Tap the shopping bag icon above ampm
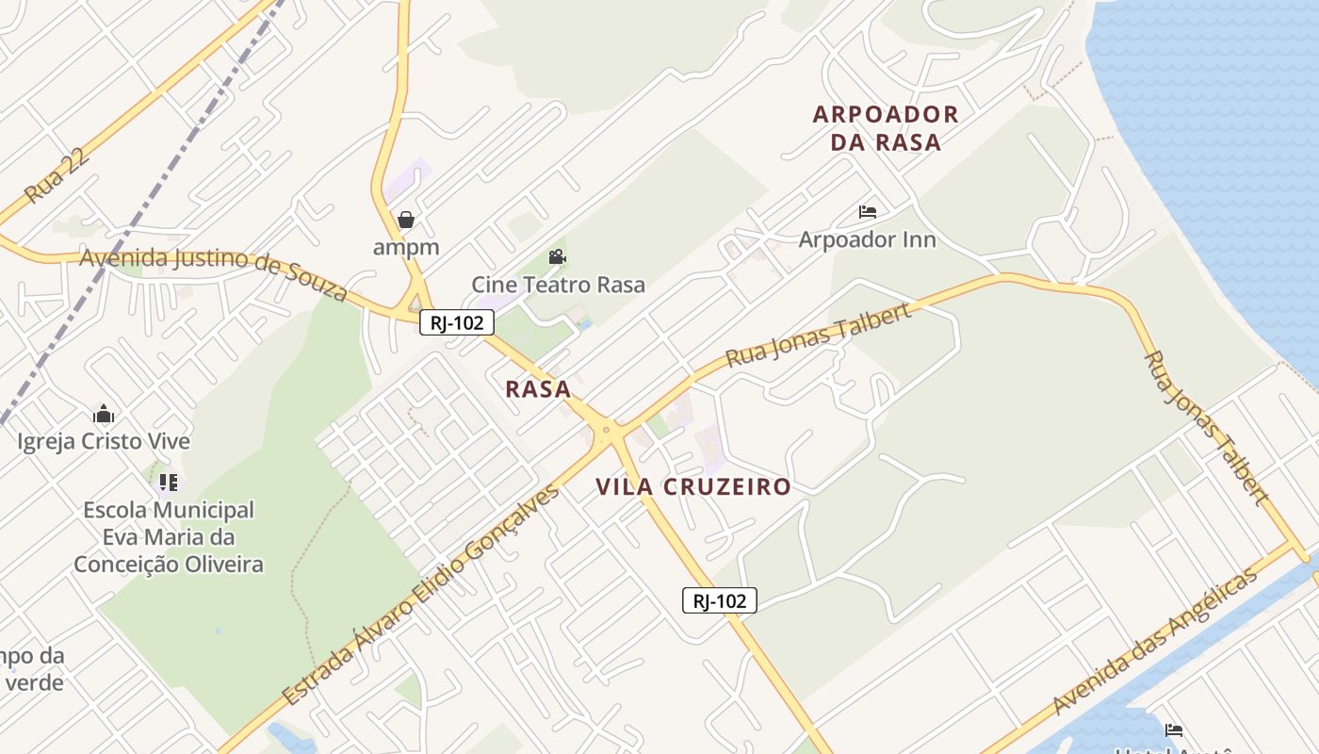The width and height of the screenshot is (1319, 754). coord(406,220)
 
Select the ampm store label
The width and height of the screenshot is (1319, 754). coord(406,247)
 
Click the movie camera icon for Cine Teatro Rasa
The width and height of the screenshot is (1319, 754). coord(557,257)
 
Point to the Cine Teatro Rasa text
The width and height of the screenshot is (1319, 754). coord(558,285)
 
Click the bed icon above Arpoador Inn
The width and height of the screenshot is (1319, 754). coord(868,212)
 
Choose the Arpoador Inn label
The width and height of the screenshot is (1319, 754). coord(867,239)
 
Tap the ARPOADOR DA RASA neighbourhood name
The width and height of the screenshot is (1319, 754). coord(886,128)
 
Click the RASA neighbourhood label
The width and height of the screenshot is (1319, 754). coord(538,388)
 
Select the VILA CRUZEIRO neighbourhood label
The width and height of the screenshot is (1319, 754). coord(692,486)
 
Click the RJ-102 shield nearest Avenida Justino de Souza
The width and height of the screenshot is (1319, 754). coord(457,322)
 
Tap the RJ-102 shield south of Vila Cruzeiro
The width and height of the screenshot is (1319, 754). coord(720,600)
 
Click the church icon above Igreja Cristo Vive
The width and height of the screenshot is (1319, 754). coord(104,414)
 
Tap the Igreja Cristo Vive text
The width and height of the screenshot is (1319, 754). coord(104,441)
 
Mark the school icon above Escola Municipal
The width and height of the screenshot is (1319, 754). coord(169,483)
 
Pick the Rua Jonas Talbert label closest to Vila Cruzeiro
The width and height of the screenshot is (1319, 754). coord(819,335)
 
